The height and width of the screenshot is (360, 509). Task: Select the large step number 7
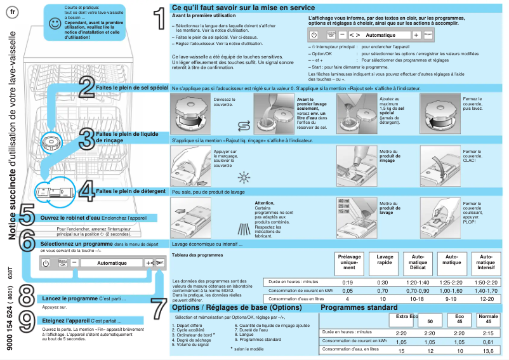(159, 309)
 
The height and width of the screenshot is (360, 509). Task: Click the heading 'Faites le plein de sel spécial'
(131, 88)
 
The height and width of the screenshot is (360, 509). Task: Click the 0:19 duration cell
(348, 281)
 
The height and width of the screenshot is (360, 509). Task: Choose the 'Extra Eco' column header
(407, 316)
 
